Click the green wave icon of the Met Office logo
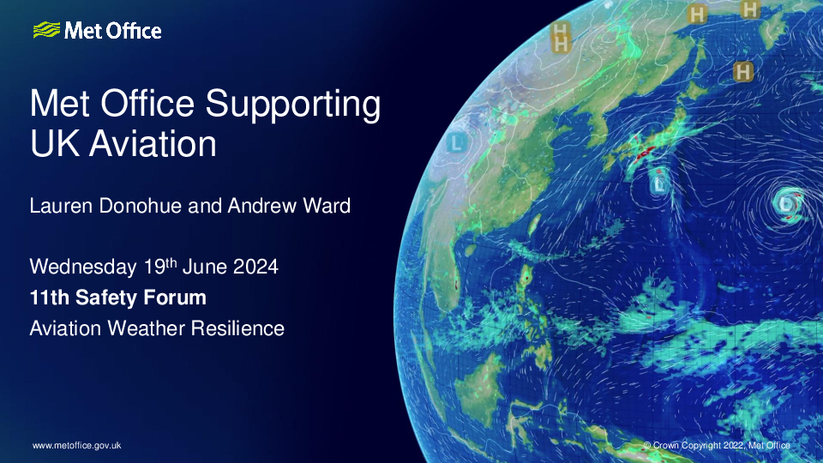pyautogui.click(x=46, y=30)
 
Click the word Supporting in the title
pyautogui.click(x=293, y=105)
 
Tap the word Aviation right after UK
pyautogui.click(x=153, y=143)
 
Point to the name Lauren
pyautogui.click(x=61, y=206)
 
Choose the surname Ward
pyautogui.click(x=327, y=206)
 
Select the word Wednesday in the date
pyautogui.click(x=83, y=267)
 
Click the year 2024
pyautogui.click(x=255, y=267)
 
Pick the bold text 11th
pyautogui.click(x=50, y=298)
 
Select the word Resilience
pyautogui.click(x=237, y=328)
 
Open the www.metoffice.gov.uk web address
pyautogui.click(x=76, y=445)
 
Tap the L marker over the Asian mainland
pyautogui.click(x=457, y=143)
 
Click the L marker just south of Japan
pyautogui.click(x=659, y=184)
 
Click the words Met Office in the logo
pyautogui.click(x=113, y=31)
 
